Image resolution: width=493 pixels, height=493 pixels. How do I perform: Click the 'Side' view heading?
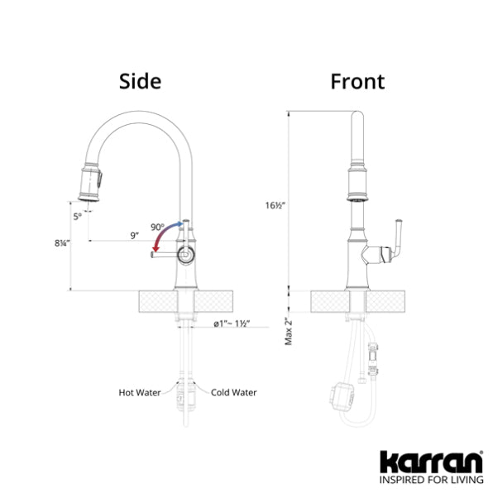click(x=141, y=81)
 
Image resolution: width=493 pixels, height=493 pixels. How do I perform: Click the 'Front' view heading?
click(x=357, y=81)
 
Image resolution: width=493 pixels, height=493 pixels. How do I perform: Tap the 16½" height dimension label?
click(x=275, y=205)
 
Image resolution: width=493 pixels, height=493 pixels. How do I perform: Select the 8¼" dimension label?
click(x=62, y=243)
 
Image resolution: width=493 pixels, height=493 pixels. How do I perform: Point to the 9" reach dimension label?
click(x=135, y=235)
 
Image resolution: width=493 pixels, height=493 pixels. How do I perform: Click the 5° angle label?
click(x=78, y=217)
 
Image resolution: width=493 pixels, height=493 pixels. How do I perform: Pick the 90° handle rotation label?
click(x=157, y=227)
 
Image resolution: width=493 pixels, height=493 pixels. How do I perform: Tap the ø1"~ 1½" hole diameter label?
click(x=232, y=323)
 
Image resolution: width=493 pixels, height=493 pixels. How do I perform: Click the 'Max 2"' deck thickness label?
click(x=289, y=332)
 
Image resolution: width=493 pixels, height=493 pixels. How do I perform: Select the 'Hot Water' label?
click(x=140, y=392)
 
